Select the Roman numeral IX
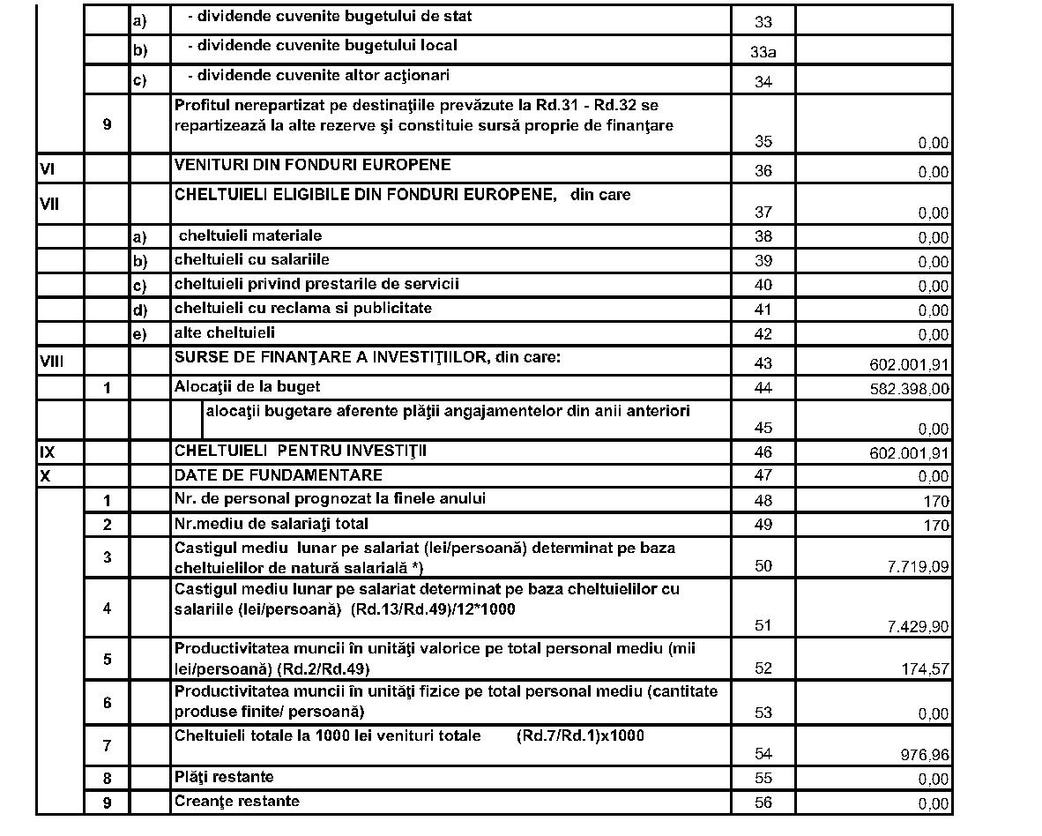48,452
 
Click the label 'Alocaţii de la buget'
247,386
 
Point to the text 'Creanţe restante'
236,801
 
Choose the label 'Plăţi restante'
224,777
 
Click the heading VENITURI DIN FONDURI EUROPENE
312,165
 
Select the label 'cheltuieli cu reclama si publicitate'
302,309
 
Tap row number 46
763,452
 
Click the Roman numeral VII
49,205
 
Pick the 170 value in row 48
936,502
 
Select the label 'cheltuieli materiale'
249,235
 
